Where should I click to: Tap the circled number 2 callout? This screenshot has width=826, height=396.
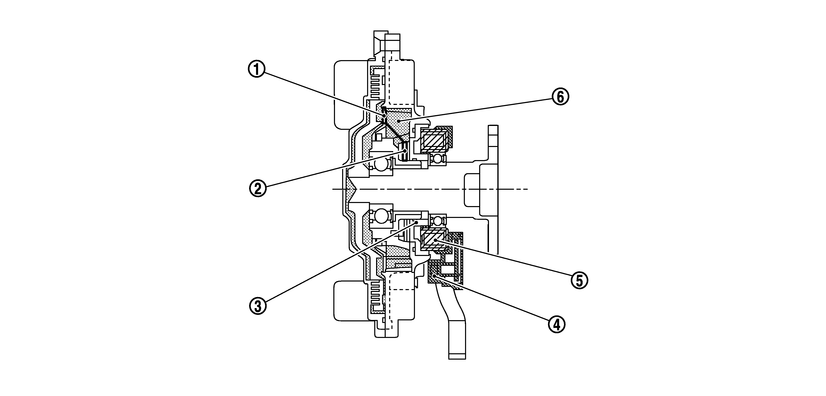[x=258, y=188]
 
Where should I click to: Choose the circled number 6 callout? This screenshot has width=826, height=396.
[x=560, y=97]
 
